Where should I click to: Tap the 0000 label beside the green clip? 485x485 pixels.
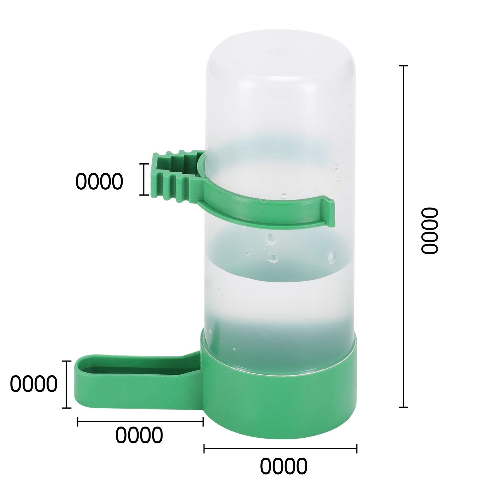[x=99, y=181]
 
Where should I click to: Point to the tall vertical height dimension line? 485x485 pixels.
[x=403, y=236]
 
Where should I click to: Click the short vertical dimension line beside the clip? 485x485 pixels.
[x=144, y=179]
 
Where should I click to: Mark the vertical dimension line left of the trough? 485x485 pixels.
[x=67, y=384]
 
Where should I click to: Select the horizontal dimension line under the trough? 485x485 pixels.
[x=140, y=422]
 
